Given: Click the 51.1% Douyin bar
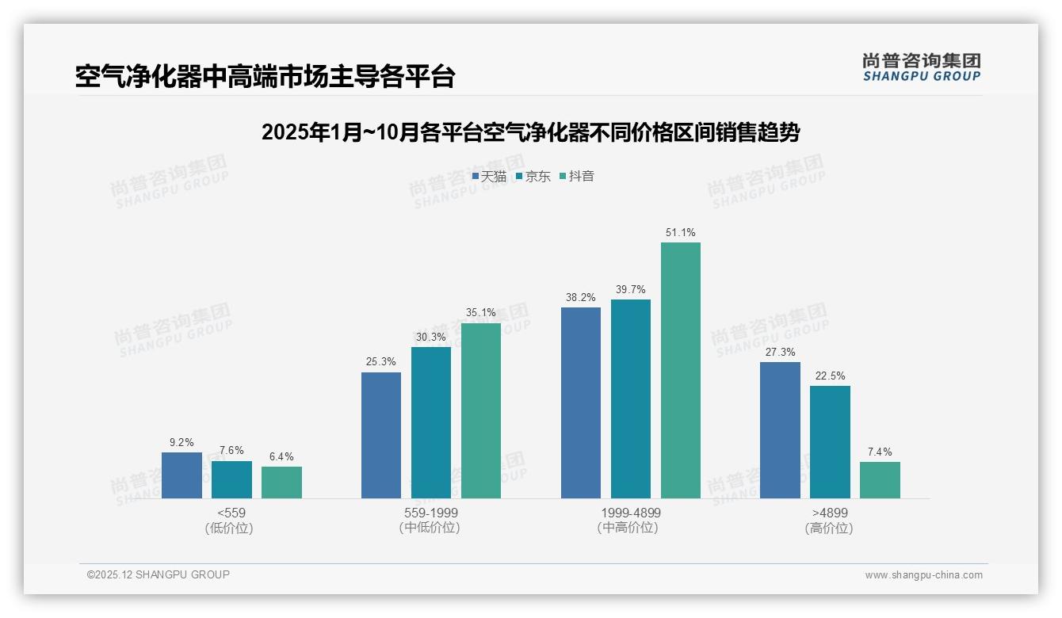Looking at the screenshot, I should [x=680, y=370].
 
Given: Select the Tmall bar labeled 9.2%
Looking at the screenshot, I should [x=181, y=475].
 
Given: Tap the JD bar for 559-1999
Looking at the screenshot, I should [x=431, y=422].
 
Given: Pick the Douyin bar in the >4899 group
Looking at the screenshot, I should [x=880, y=480].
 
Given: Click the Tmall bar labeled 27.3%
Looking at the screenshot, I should [x=780, y=430].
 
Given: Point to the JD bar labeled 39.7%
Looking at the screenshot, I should [x=630, y=399].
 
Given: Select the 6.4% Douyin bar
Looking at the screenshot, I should [x=281, y=483].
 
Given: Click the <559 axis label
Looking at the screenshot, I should [x=231, y=513].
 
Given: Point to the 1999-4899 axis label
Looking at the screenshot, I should [x=630, y=513].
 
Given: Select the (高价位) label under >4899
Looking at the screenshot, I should [x=829, y=528].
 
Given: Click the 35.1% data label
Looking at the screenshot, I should [x=480, y=313].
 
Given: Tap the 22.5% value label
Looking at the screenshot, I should [x=830, y=376].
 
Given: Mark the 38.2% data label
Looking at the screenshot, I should [x=580, y=297].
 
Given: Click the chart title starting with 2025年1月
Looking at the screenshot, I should [x=530, y=132].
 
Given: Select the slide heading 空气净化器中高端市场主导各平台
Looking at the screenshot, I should [x=265, y=76].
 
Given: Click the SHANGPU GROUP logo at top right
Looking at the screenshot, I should [x=921, y=67].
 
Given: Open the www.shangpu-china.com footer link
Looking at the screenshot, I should [x=923, y=575].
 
